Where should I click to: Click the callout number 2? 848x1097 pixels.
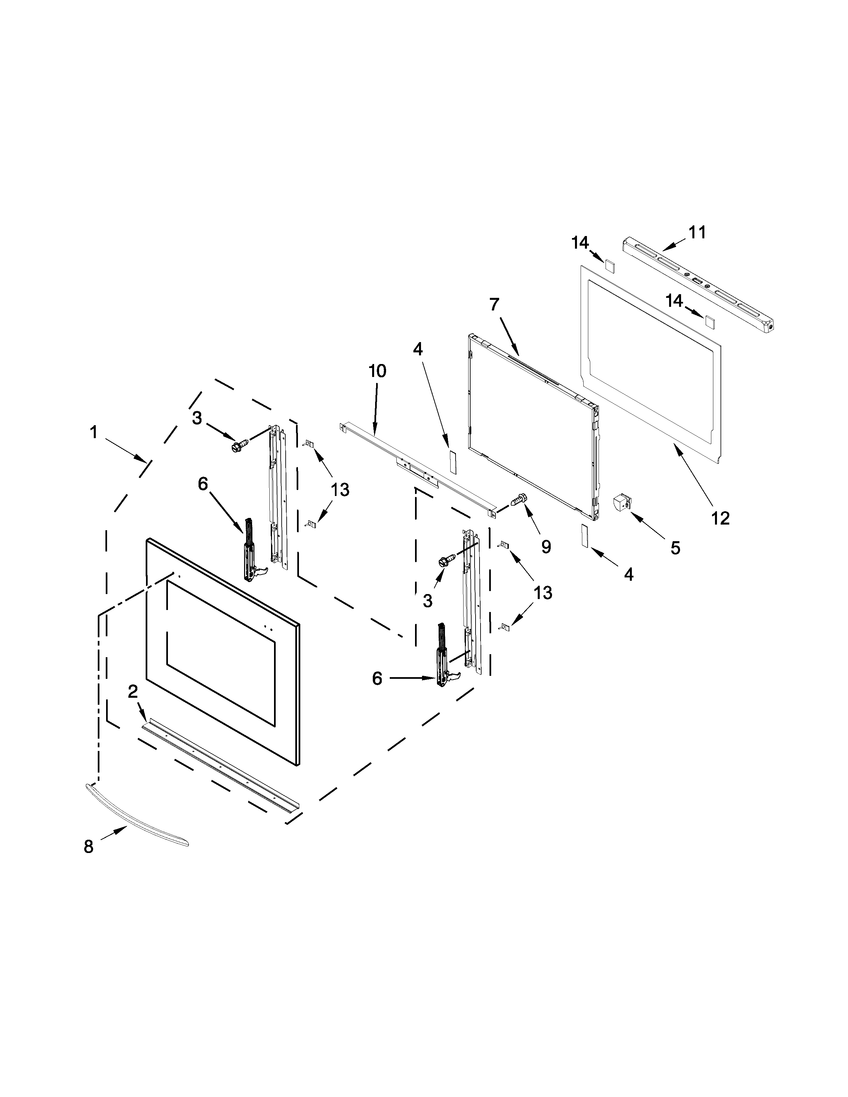[133, 692]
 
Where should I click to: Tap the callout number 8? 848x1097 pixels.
[88, 847]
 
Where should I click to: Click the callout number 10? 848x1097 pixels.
[377, 371]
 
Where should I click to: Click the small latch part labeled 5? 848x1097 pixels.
[622, 502]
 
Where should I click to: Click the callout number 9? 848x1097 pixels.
[546, 547]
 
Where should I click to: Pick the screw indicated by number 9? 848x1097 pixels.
[518, 500]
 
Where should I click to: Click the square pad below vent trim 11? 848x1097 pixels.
[709, 321]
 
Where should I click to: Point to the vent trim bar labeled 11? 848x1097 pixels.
[698, 286]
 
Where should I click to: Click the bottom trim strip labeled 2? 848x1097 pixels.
[221, 766]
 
